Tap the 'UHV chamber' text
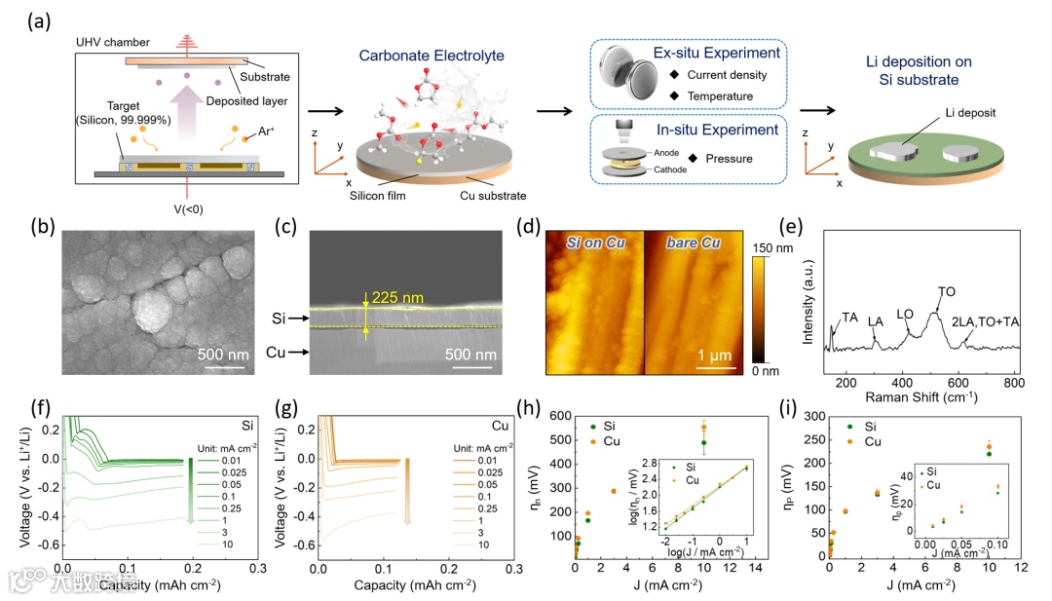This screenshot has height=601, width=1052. pos(112,43)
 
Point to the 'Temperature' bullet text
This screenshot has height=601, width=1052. pos(720,95)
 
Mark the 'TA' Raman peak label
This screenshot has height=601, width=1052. pos(849,318)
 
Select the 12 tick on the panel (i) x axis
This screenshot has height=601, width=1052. pos(1021,566)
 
